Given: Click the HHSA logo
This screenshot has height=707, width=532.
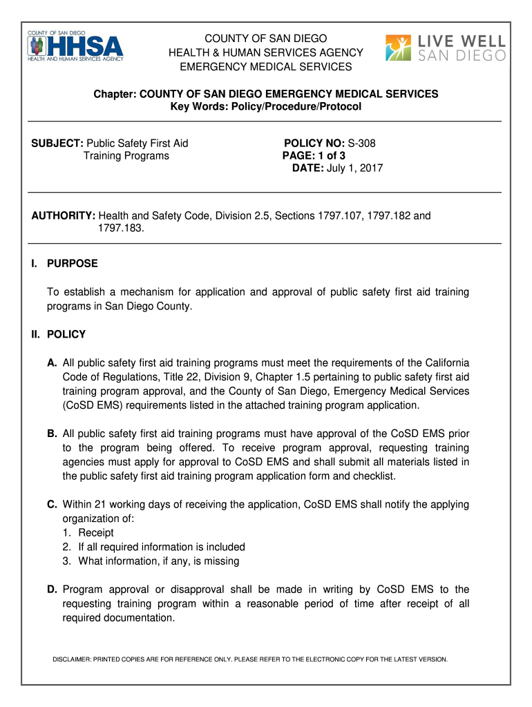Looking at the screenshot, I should [76, 47].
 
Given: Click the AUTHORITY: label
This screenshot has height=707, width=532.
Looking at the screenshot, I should [63, 216].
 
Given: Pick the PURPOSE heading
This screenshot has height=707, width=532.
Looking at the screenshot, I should [72, 263].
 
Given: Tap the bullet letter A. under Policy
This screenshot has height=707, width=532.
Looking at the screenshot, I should [52, 363].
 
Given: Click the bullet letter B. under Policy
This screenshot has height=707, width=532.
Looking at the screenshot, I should [52, 434].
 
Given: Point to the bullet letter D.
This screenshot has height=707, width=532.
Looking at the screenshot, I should [52, 589].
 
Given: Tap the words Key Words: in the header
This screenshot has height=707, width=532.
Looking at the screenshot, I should [197, 107].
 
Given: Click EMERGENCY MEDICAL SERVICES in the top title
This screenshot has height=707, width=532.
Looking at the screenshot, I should [266, 67].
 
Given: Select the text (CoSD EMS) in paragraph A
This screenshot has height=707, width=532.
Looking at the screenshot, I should [85, 405].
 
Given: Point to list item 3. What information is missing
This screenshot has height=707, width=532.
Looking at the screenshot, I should [158, 561].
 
